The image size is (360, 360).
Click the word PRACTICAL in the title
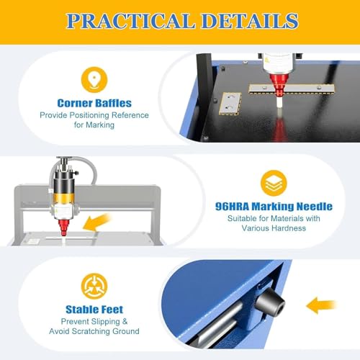130,21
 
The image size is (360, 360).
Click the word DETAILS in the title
250,21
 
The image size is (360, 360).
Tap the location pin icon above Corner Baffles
94,80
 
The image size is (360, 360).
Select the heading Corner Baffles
94,103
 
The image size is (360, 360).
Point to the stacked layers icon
274,183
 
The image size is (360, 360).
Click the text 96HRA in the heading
232,207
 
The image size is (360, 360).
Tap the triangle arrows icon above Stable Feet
94,286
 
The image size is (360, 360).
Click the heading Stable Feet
94,310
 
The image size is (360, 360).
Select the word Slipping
105,322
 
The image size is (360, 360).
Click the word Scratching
91,331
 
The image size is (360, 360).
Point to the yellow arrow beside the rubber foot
321,305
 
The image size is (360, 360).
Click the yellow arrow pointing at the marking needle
97,223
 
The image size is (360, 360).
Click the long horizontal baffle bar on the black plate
292,89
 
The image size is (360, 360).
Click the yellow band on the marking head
63,198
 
